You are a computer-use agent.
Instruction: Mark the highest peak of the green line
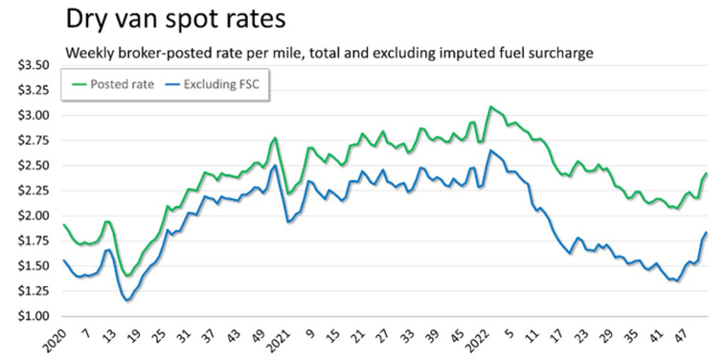click(x=490, y=107)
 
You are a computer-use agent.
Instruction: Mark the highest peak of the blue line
click(x=490, y=150)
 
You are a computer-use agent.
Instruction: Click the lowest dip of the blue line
click(x=126, y=302)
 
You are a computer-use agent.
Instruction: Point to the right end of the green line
click(x=707, y=173)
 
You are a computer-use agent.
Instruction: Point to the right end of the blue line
click(x=707, y=233)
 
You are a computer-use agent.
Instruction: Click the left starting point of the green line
click(x=63, y=225)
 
